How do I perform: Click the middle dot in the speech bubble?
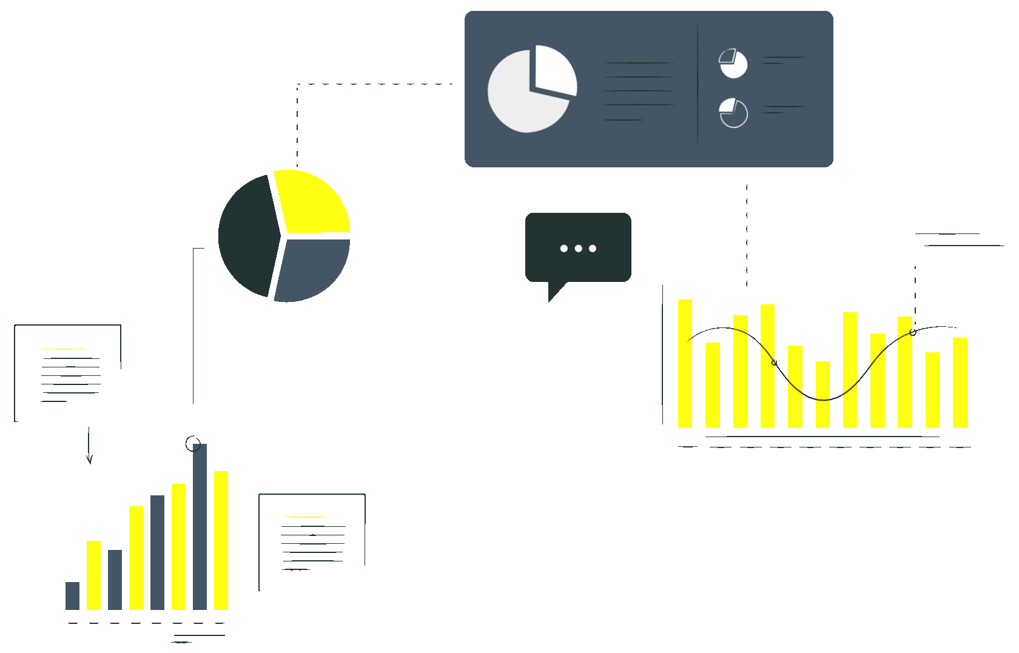578,249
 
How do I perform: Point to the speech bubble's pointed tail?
553,293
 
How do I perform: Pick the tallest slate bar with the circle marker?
200,527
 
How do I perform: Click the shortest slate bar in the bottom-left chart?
72,595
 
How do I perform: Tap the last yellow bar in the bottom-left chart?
221,540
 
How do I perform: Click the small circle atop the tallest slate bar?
193,444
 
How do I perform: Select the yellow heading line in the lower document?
304,517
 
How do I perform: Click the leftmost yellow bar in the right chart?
685,364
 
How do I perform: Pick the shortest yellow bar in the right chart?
822,394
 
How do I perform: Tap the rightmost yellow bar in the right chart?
960,383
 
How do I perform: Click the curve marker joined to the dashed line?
913,332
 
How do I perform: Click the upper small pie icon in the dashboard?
733,64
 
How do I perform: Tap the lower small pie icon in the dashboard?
733,113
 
